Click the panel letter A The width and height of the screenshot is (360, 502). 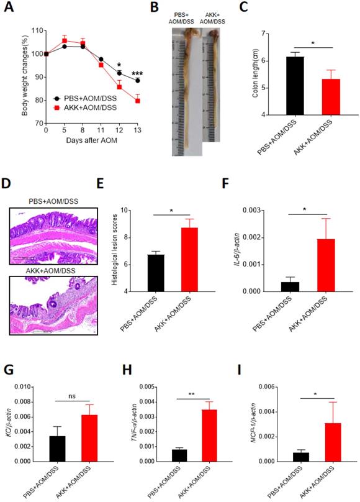9,7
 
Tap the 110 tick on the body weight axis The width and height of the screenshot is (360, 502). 35,30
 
